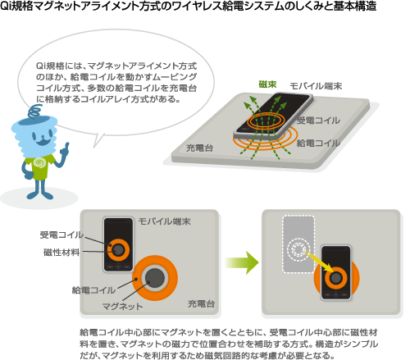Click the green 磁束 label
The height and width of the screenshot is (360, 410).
point(267,84)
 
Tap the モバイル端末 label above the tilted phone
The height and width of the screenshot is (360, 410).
point(316,86)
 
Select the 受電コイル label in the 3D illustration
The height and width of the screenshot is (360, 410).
point(318,121)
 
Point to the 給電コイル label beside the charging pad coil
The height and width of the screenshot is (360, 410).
point(318,143)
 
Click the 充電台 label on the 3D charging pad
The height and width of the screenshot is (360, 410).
point(199,148)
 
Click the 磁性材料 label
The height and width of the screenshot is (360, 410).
point(61,252)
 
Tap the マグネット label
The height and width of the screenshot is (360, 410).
point(122,306)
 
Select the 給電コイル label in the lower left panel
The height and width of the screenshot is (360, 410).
point(93,289)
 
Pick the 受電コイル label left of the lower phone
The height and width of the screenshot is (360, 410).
point(61,235)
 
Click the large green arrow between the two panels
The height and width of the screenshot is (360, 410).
point(242,262)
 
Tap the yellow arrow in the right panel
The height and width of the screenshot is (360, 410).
point(318,261)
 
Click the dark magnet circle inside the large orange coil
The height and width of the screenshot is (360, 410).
point(155,278)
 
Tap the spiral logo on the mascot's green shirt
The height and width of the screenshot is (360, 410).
point(39,163)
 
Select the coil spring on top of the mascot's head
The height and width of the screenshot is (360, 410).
point(35,112)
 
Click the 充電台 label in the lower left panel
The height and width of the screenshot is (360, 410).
point(201,303)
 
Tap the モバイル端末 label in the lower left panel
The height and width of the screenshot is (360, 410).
point(164,221)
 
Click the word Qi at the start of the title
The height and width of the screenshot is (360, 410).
point(6,6)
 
